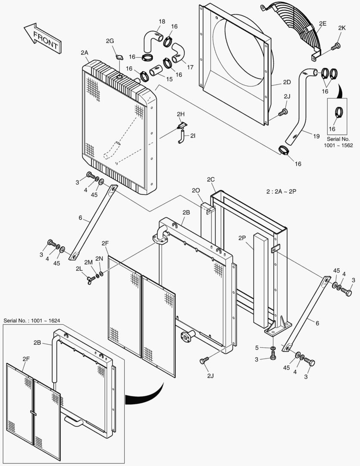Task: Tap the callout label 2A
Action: [84, 53]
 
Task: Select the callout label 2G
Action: [110, 41]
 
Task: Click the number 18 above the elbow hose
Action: [162, 21]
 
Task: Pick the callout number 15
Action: [169, 79]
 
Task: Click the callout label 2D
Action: [287, 82]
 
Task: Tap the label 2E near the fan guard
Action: [322, 23]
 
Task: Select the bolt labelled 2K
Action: [336, 46]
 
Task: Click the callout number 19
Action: [316, 136]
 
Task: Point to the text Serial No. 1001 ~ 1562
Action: [339, 142]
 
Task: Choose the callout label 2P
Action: [242, 237]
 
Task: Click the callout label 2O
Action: [195, 191]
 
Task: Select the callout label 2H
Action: [180, 114]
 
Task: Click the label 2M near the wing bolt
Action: [88, 262]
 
